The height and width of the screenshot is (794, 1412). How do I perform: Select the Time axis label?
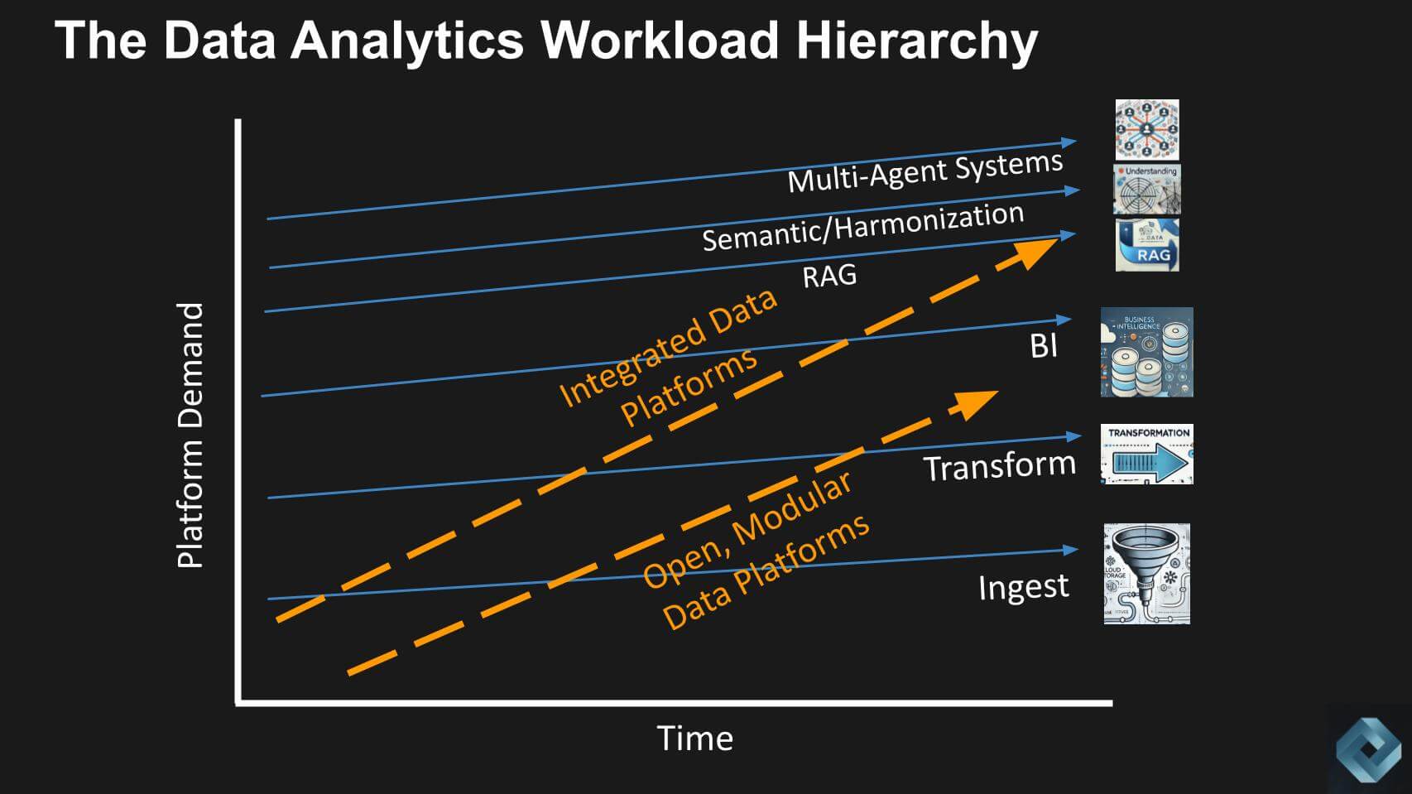pyautogui.click(x=694, y=739)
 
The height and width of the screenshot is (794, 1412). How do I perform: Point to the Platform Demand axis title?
pyautogui.click(x=190, y=435)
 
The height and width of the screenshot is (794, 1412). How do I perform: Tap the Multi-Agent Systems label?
pyautogui.click(x=925, y=171)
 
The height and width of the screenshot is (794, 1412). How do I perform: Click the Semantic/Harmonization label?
pyautogui.click(x=862, y=226)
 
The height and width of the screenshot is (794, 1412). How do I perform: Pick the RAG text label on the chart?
pyautogui.click(x=829, y=277)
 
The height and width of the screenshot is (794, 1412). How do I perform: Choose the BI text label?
pyautogui.click(x=1044, y=345)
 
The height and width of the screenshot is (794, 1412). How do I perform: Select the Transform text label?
pyautogui.click(x=999, y=466)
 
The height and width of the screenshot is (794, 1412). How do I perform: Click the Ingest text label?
pyautogui.click(x=1023, y=587)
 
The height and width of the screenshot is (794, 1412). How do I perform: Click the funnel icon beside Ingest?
pyautogui.click(x=1146, y=574)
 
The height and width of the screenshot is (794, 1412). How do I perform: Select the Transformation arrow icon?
pyautogui.click(x=1146, y=455)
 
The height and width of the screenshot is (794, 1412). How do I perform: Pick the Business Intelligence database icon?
pyautogui.click(x=1146, y=352)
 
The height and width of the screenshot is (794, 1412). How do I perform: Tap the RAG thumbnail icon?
pyautogui.click(x=1146, y=245)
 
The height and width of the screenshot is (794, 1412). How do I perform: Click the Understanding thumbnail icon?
pyautogui.click(x=1146, y=189)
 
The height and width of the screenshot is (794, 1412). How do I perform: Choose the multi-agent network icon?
pyautogui.click(x=1146, y=130)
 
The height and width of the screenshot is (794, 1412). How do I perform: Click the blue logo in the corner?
pyautogui.click(x=1367, y=749)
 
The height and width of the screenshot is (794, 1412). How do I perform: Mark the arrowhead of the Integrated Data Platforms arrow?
pyautogui.click(x=1036, y=250)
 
